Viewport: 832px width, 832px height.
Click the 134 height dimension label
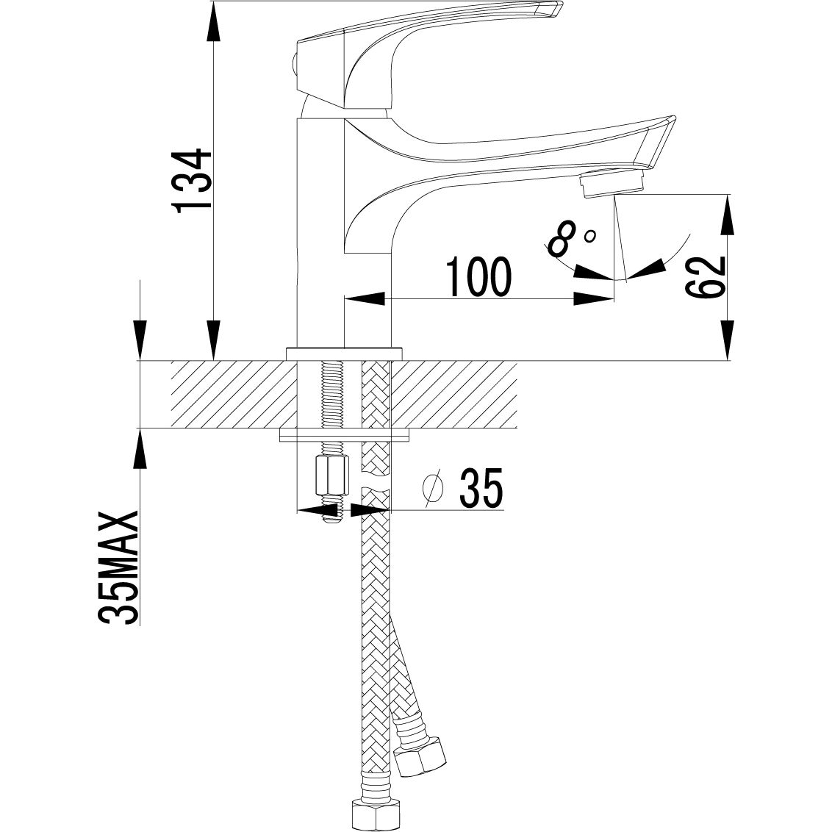(193, 180)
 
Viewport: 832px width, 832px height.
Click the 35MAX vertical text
(118, 567)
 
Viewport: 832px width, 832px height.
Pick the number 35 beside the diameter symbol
(480, 487)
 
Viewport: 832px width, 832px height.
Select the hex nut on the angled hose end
(420, 754)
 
